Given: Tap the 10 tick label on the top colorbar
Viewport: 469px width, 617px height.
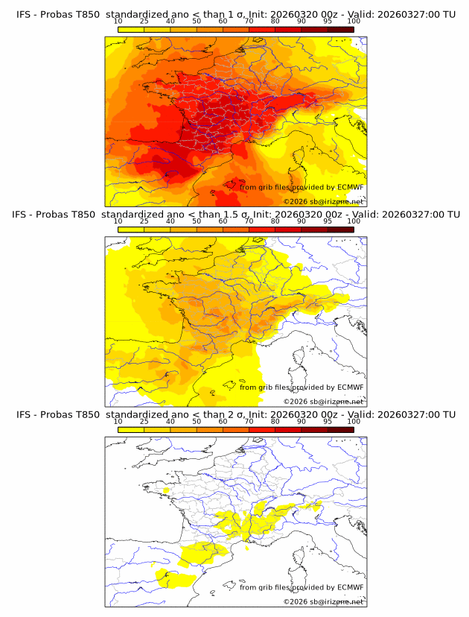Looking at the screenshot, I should click(x=118, y=22).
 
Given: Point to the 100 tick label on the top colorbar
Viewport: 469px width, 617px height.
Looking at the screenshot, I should click(x=354, y=22).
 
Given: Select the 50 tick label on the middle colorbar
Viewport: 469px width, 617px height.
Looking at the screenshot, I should click(x=197, y=221).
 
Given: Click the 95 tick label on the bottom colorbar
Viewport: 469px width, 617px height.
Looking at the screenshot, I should click(x=328, y=421).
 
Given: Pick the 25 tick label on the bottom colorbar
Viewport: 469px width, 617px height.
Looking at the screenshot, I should click(x=144, y=421).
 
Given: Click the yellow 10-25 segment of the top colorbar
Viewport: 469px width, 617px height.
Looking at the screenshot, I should click(x=131, y=29).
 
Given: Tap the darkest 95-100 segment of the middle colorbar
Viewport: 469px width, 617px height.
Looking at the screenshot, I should click(x=341, y=229).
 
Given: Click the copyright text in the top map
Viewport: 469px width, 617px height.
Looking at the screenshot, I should click(x=323, y=201).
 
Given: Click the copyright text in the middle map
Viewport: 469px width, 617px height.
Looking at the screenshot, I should click(x=323, y=401).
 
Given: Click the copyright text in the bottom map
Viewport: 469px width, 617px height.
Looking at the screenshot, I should click(x=323, y=601).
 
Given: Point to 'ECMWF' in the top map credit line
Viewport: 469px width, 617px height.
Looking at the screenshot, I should click(x=350, y=188).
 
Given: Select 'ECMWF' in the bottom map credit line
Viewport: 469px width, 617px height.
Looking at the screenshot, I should click(x=350, y=587).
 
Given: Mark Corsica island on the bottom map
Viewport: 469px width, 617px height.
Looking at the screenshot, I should click(x=299, y=556).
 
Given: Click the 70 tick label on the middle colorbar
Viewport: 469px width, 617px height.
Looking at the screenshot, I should click(x=249, y=221).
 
